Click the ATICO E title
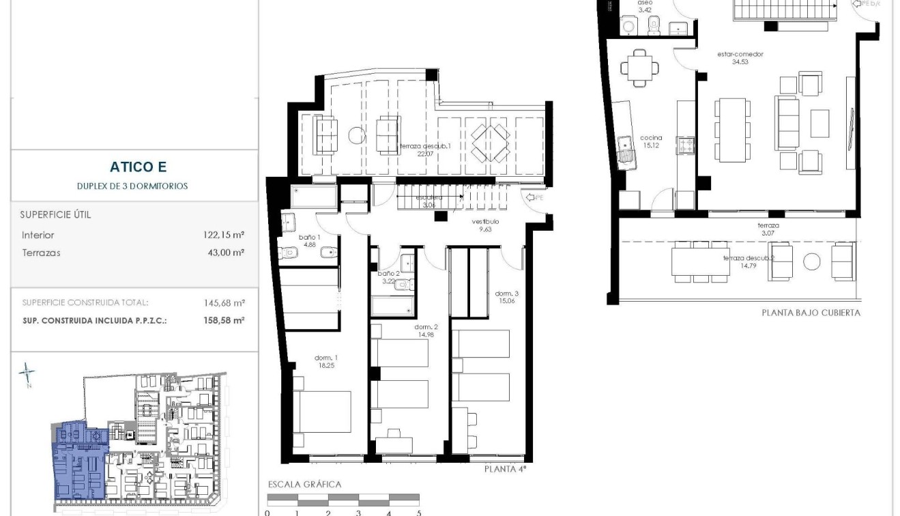pos(138,167)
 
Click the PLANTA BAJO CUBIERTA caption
pos(811,313)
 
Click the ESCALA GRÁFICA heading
pos(304,485)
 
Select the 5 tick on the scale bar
pos(418,513)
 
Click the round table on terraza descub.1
pos(357,135)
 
